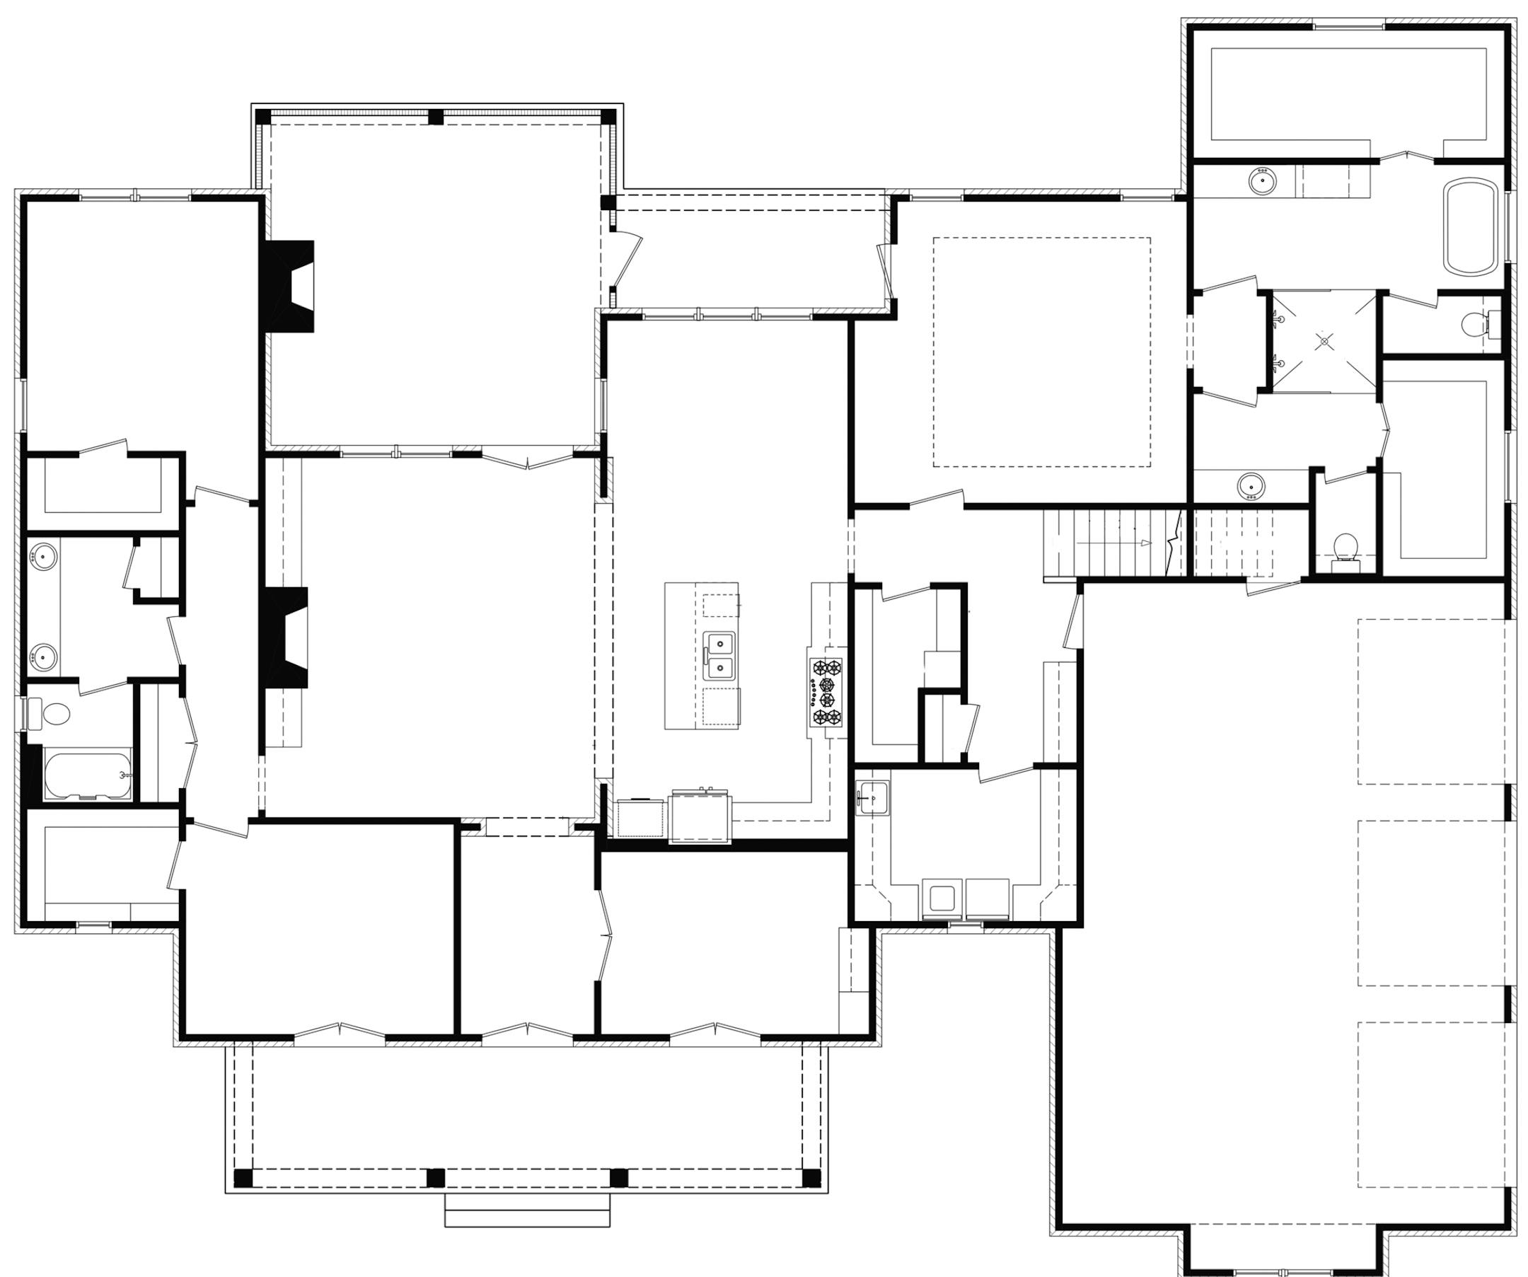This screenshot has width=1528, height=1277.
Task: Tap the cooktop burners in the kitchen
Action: click(826, 692)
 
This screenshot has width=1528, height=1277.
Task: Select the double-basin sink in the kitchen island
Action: click(719, 655)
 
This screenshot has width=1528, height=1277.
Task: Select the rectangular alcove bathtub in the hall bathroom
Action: click(87, 775)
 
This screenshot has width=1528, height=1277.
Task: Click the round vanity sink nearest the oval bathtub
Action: click(1263, 180)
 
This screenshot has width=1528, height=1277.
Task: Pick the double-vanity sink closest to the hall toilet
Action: click(42, 657)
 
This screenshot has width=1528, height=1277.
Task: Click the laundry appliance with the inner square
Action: click(942, 898)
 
